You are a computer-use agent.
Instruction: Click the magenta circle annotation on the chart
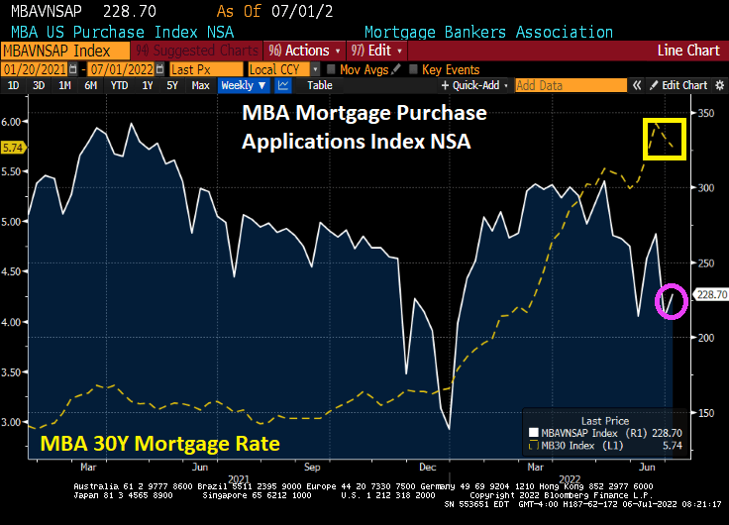tap(672, 299)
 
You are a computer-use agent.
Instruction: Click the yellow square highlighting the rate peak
tap(664, 139)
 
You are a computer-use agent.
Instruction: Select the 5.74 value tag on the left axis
tap(14, 148)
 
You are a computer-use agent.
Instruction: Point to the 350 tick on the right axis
tap(705, 113)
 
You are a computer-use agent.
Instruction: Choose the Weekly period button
tap(237, 85)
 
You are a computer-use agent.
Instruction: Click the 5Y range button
tap(171, 85)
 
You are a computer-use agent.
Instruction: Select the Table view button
tap(319, 85)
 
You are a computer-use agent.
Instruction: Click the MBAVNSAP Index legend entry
tap(594, 433)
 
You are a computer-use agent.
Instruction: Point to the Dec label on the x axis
tap(428, 466)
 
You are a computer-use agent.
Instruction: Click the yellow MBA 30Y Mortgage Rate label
tap(159, 442)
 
